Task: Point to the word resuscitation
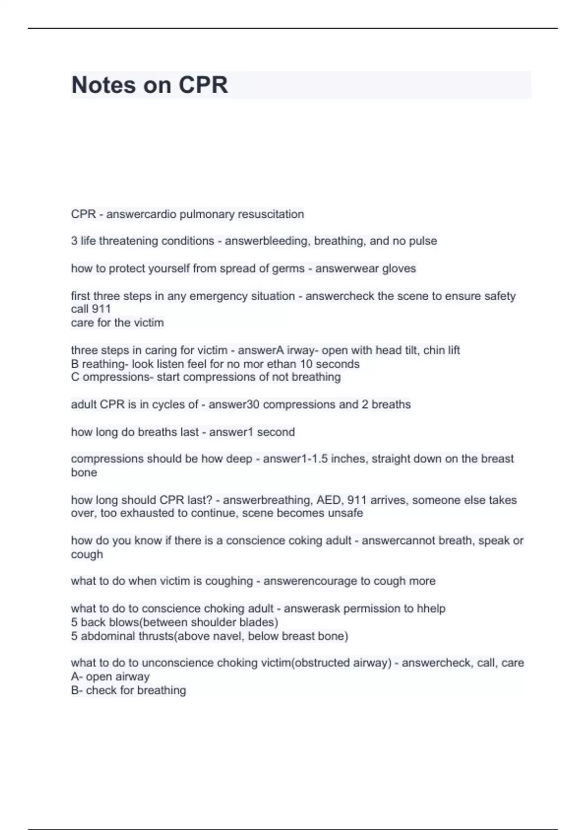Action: pyautogui.click(x=271, y=214)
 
